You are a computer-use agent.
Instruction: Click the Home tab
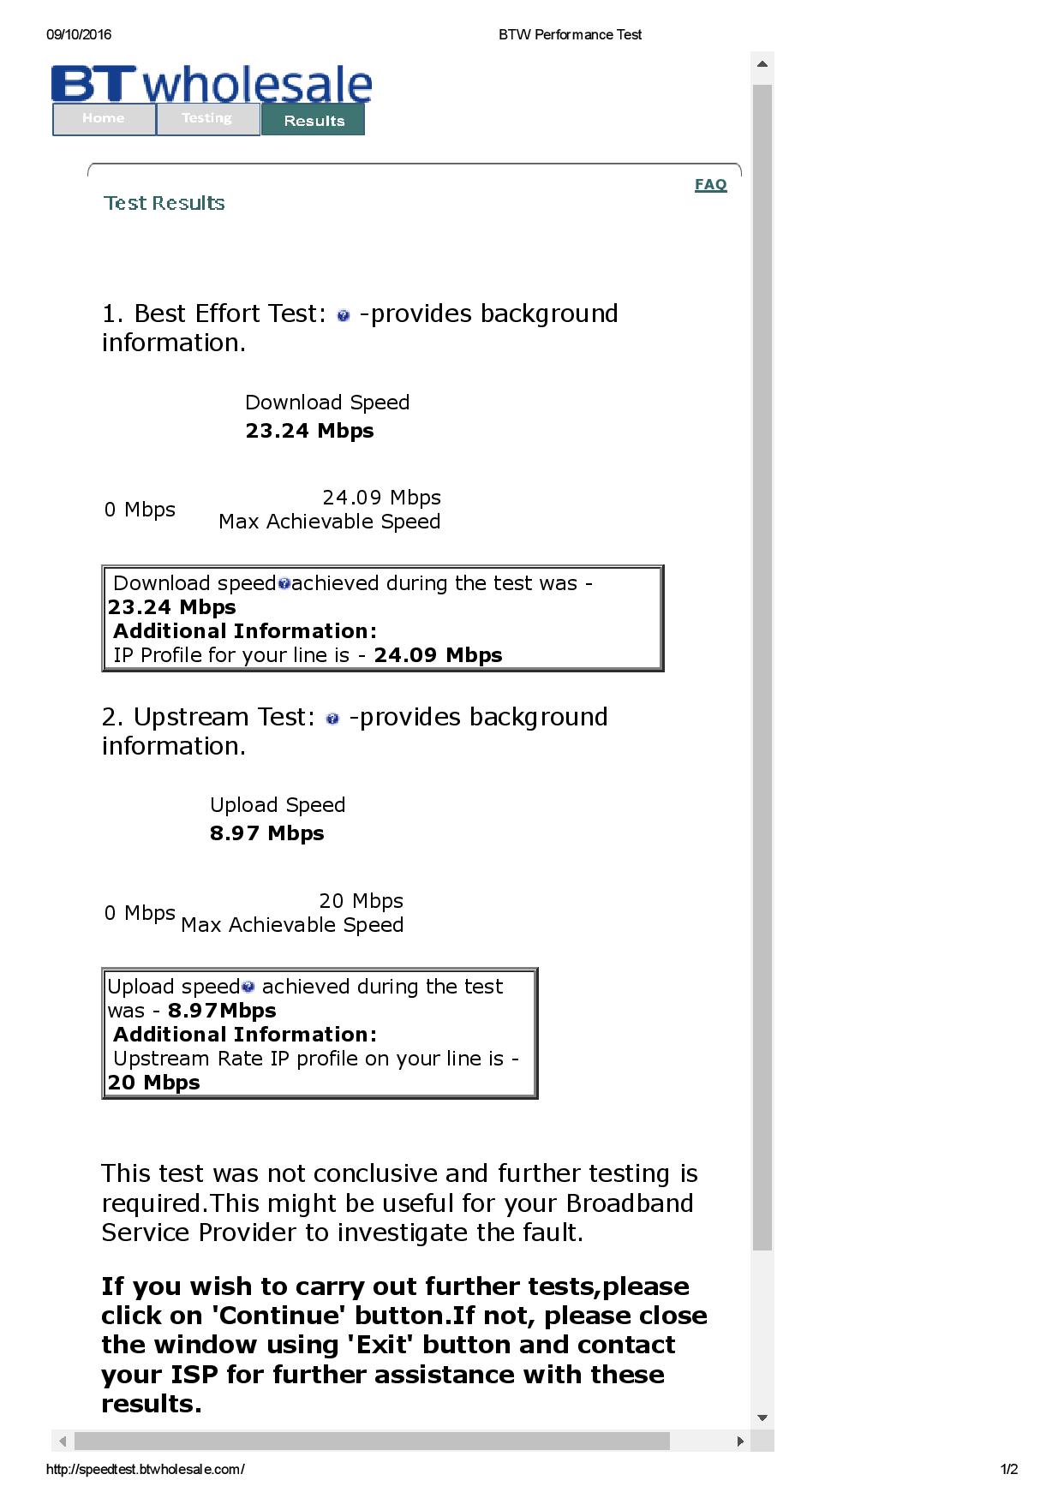(x=104, y=119)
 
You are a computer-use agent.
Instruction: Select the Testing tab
(x=207, y=119)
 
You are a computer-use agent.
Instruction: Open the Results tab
(x=314, y=121)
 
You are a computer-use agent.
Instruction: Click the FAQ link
(x=710, y=184)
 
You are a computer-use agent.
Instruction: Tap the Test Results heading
(x=164, y=203)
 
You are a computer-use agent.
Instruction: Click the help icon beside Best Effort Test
(x=344, y=316)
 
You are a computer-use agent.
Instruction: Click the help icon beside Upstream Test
(x=333, y=719)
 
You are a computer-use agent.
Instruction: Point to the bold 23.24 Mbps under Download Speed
(x=309, y=431)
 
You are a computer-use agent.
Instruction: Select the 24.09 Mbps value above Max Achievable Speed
(x=381, y=498)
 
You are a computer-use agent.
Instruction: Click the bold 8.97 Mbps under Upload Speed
(x=266, y=833)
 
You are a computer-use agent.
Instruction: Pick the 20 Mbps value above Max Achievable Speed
(x=361, y=901)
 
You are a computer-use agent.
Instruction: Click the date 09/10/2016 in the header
(x=79, y=35)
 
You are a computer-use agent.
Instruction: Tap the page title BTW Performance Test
(x=570, y=35)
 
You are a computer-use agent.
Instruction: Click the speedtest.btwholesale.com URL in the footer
(x=145, y=1469)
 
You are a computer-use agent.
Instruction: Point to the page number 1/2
(x=1009, y=1469)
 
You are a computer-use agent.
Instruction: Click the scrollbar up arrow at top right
(x=762, y=64)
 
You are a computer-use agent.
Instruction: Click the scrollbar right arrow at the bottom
(x=740, y=1441)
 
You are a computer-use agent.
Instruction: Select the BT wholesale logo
(x=212, y=85)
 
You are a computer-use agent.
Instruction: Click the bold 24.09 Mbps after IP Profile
(x=438, y=655)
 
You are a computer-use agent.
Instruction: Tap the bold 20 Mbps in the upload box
(x=154, y=1083)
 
